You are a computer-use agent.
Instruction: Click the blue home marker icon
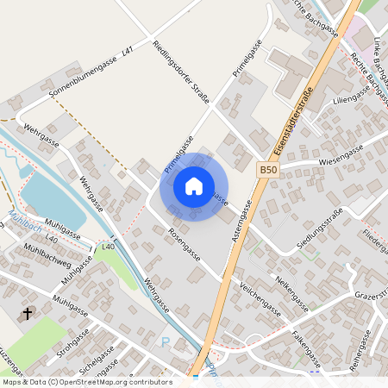(x=194, y=185)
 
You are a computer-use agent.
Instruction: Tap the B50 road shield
(x=269, y=171)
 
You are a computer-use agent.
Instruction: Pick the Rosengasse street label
(x=185, y=246)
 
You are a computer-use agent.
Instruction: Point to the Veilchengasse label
(x=260, y=297)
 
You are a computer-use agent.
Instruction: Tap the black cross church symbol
(x=28, y=313)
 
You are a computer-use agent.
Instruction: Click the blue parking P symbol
(x=166, y=342)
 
